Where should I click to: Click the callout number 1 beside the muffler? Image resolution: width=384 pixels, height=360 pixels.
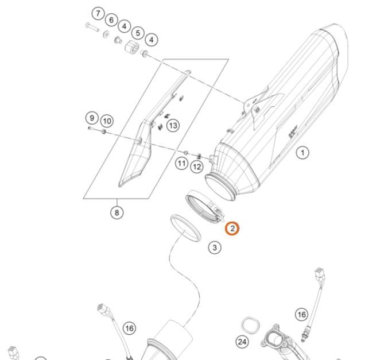(x=302, y=153)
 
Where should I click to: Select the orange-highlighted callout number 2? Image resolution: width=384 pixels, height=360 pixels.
(x=232, y=229)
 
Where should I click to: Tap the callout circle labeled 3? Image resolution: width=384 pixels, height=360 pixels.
(x=215, y=248)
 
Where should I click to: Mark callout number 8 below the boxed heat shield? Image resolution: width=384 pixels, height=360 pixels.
(x=117, y=212)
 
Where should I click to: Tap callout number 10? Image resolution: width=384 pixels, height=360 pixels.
(x=107, y=121)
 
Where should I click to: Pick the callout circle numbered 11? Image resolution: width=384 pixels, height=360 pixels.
(x=181, y=164)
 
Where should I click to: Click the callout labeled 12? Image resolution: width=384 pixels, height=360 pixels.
(x=197, y=167)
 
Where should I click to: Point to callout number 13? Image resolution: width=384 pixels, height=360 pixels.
(x=173, y=125)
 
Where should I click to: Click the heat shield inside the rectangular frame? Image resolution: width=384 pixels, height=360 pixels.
(x=137, y=152)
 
